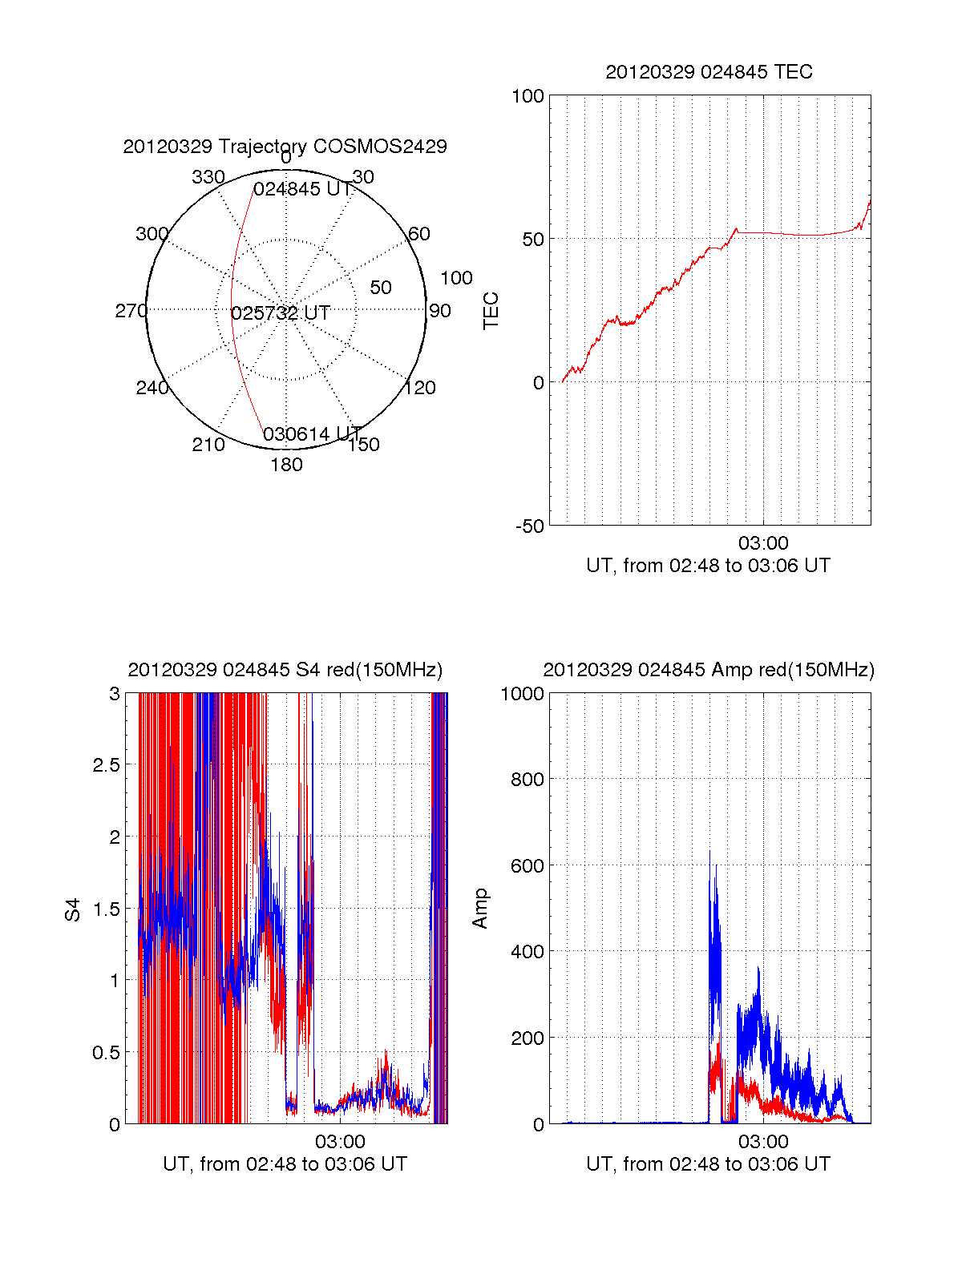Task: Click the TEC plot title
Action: [x=709, y=72]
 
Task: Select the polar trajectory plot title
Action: [x=285, y=147]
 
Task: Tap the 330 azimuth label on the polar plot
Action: [x=208, y=177]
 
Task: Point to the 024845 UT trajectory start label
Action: [x=302, y=189]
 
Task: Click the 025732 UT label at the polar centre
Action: [x=281, y=313]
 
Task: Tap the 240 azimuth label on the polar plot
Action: [x=152, y=388]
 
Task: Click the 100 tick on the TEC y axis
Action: [x=527, y=96]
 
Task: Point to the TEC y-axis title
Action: [x=491, y=311]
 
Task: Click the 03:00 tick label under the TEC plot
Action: [x=763, y=543]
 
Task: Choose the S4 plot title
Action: [x=285, y=670]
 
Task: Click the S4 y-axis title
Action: [x=73, y=909]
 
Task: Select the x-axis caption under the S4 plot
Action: [x=285, y=1164]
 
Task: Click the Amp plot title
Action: [x=709, y=670]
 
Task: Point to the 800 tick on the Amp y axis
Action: [x=527, y=780]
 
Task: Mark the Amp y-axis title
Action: [x=480, y=909]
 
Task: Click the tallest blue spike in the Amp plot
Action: [x=709, y=853]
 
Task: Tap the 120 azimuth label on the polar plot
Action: [x=420, y=388]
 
